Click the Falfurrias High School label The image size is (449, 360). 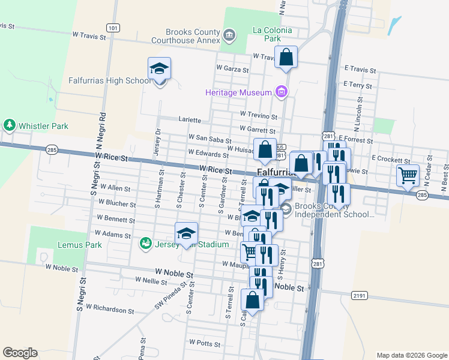(x=109, y=80)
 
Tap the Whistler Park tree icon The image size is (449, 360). (x=9, y=125)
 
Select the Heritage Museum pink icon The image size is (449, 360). (x=280, y=92)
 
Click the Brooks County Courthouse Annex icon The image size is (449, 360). (x=229, y=35)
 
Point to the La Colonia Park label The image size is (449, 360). (x=273, y=34)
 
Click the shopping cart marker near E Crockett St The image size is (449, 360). (x=408, y=176)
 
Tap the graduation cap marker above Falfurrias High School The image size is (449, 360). (x=159, y=68)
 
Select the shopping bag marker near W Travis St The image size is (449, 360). (x=286, y=58)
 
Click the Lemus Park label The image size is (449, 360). (x=80, y=245)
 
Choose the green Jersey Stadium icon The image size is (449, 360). (x=145, y=244)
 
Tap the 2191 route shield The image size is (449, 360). (x=360, y=295)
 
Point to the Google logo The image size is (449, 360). (x=20, y=353)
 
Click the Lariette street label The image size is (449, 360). (x=190, y=119)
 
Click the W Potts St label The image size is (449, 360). (x=205, y=343)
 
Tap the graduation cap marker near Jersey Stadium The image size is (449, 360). (x=186, y=233)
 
